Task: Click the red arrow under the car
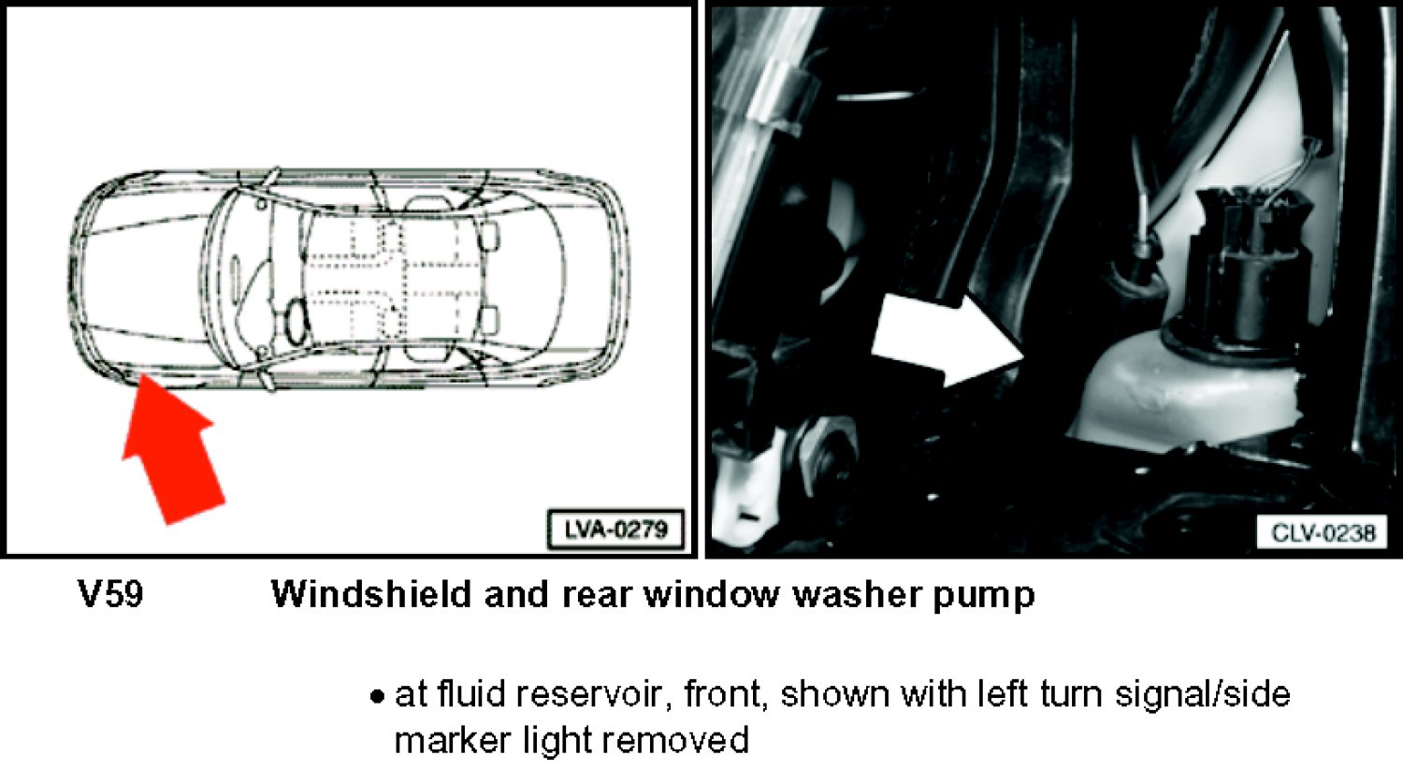173,448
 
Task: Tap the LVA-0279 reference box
615,530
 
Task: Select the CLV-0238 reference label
1323,533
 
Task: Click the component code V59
111,594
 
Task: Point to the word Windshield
370,594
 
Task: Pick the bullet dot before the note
376,697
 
